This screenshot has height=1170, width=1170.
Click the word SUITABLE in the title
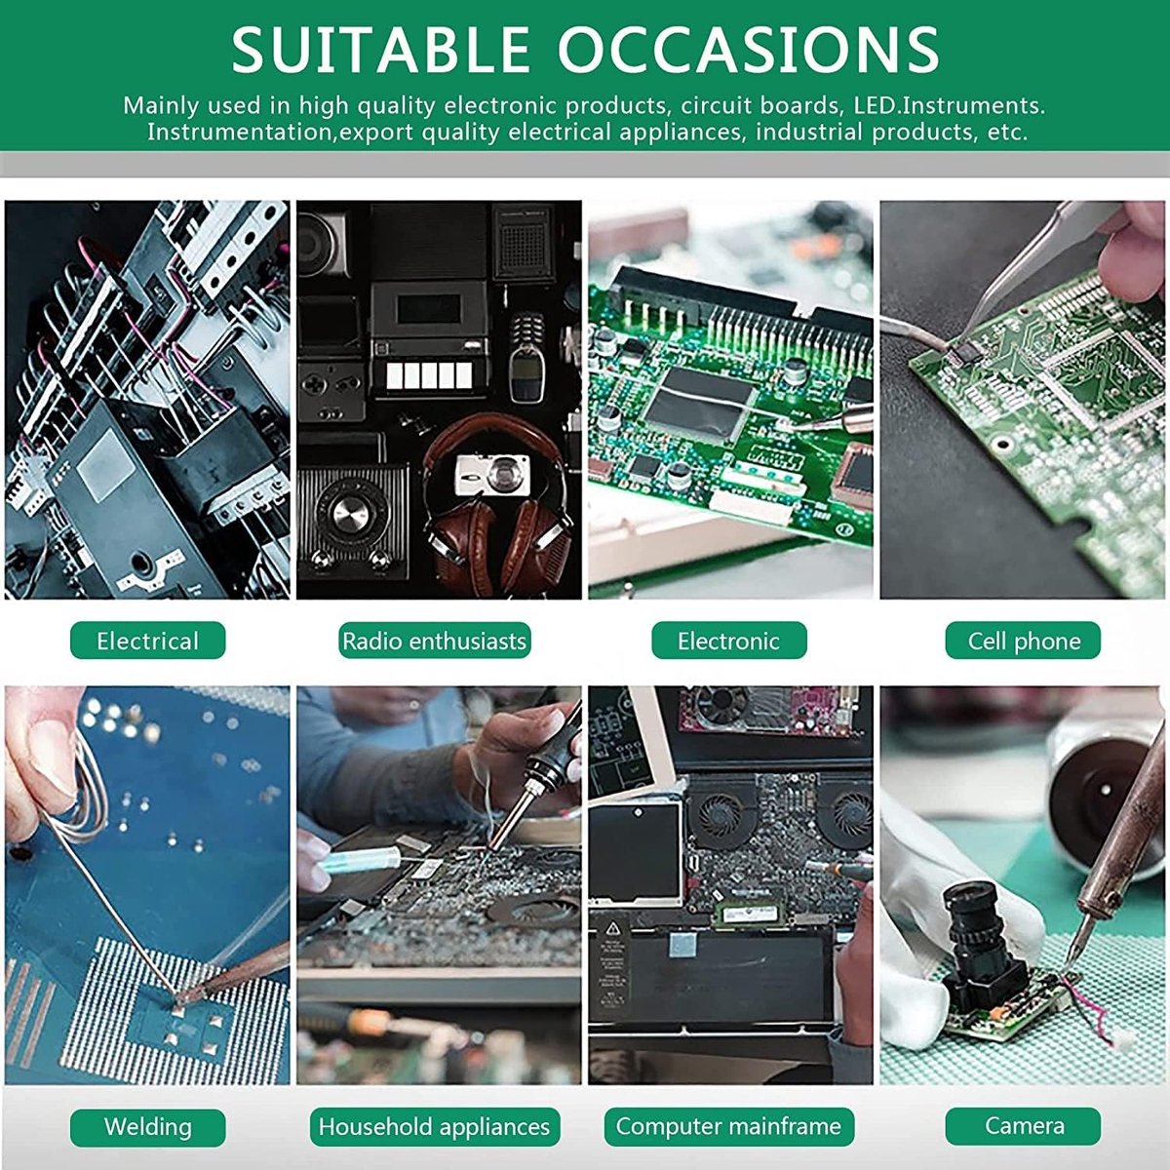coord(380,50)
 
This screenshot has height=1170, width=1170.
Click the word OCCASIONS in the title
coord(749,50)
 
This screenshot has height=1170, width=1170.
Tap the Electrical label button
coord(147,641)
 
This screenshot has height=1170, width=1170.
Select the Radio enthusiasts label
coord(434,641)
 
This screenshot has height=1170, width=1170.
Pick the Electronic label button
coord(728,641)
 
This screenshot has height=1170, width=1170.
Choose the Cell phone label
coord(1023,641)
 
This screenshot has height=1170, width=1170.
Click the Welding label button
coord(147,1126)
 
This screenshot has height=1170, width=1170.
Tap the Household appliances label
coord(434,1126)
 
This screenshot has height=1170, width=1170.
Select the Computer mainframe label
coord(728,1126)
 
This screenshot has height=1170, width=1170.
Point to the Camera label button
coord(1023,1126)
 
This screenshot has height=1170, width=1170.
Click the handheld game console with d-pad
coord(331,392)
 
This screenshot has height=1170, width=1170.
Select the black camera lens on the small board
coord(979,941)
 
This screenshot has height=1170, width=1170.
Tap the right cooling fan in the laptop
coord(847,812)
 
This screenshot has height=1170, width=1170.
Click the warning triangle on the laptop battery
coord(613,928)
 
